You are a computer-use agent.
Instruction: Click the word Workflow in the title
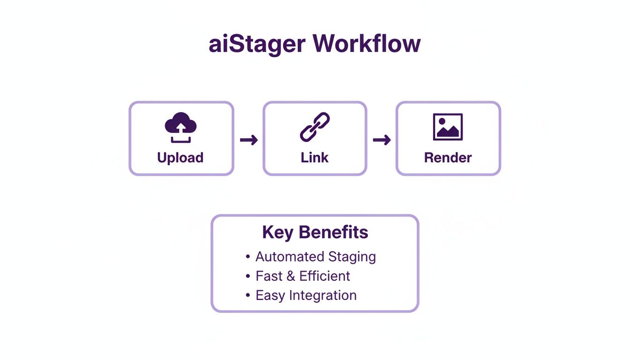(x=367, y=45)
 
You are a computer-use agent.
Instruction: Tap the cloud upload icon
(x=180, y=127)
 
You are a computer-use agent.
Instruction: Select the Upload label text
(x=180, y=157)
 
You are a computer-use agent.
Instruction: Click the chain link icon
(x=315, y=127)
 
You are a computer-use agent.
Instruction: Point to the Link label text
(x=315, y=157)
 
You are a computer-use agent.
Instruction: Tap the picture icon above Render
(x=448, y=127)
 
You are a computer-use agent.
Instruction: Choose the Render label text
(x=448, y=157)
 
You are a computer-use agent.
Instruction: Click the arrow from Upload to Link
(x=248, y=140)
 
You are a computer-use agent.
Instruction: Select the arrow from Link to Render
(x=382, y=140)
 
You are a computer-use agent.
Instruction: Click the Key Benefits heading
(x=315, y=232)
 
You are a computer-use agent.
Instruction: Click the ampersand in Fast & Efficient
(x=291, y=276)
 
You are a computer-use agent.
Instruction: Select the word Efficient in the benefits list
(x=325, y=276)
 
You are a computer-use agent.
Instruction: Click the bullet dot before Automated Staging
(x=248, y=257)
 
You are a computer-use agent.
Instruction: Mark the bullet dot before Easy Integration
(x=248, y=296)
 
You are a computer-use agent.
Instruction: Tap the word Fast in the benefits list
(x=269, y=276)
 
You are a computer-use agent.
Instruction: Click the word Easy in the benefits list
(x=270, y=296)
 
